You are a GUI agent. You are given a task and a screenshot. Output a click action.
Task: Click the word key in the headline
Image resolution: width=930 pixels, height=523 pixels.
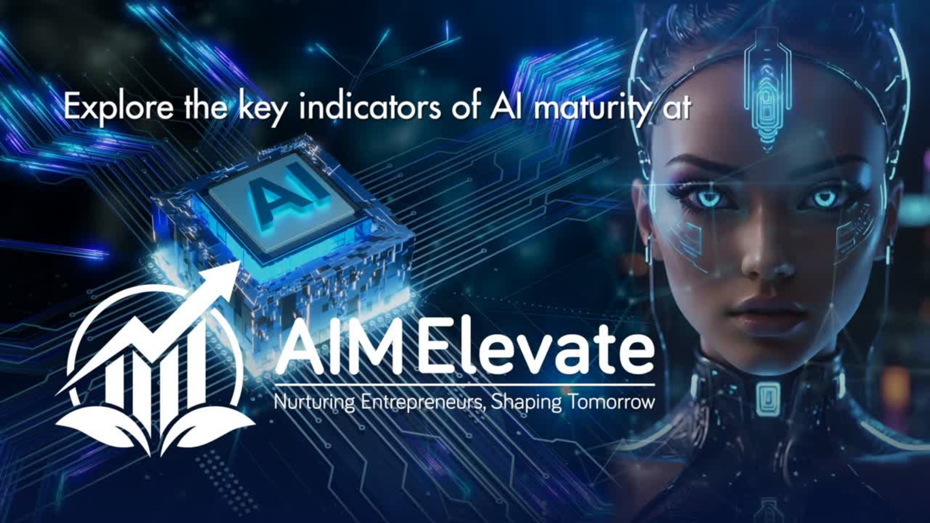(x=262, y=109)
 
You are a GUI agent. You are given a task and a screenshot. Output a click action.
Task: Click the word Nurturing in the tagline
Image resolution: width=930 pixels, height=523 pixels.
(x=314, y=403)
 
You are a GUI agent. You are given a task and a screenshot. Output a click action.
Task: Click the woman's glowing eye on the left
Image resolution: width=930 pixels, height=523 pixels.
(x=709, y=198)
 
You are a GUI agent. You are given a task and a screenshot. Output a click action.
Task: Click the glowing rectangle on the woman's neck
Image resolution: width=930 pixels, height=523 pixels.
(x=767, y=398)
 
